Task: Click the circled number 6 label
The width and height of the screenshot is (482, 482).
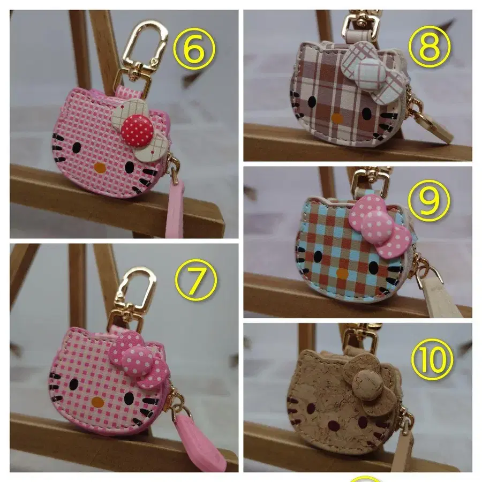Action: [x=194, y=49]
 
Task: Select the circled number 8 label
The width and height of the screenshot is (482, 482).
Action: [x=430, y=47]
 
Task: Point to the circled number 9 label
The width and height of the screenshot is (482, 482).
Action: [x=429, y=201]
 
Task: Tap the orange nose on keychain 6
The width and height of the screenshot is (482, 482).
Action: [x=100, y=168]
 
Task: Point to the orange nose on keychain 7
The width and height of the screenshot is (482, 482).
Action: [x=97, y=401]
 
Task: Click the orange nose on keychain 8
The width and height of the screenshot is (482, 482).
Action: [x=337, y=118]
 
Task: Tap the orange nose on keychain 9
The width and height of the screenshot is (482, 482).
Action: [x=342, y=273]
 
